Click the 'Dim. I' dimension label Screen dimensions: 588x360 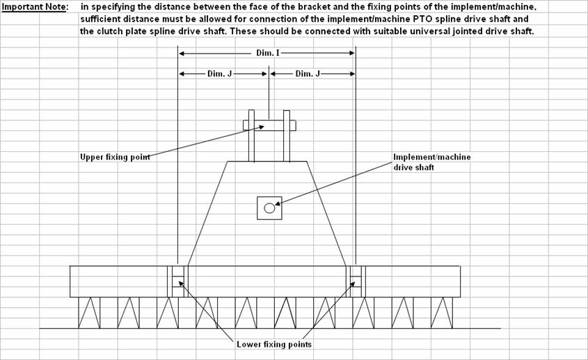[x=268, y=53]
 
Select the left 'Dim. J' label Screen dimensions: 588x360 [x=219, y=74]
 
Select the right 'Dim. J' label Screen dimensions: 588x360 [x=308, y=74]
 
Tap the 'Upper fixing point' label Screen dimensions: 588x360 [x=115, y=157]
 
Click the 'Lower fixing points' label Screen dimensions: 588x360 [x=274, y=344]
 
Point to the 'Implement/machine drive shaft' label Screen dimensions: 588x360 [x=431, y=162]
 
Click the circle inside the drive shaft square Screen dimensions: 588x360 [x=269, y=208]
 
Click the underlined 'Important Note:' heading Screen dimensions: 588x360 [x=35, y=7]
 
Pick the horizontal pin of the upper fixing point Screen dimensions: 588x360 [x=269, y=125]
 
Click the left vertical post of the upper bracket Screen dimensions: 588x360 [x=251, y=136]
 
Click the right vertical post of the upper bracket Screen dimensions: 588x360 [x=287, y=136]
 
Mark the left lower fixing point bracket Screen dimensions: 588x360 [x=177, y=281]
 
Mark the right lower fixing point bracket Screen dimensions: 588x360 [x=356, y=281]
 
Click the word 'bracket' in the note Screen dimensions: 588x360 [x=315, y=7]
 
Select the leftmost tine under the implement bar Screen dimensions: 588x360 [x=89, y=313]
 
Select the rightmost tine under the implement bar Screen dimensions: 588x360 [x=442, y=313]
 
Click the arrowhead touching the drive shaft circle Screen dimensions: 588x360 [x=278, y=204]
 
